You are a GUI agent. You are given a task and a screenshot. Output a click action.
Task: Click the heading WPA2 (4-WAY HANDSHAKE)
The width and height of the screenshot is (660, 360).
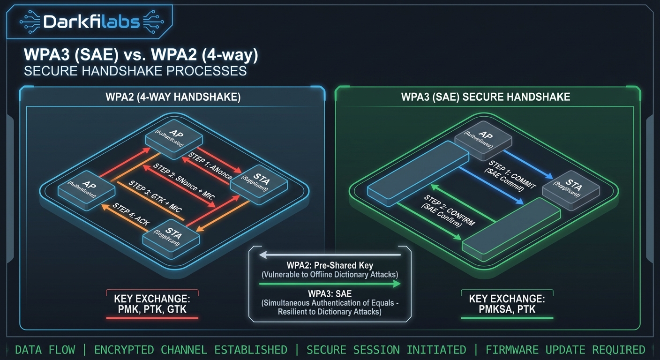172,97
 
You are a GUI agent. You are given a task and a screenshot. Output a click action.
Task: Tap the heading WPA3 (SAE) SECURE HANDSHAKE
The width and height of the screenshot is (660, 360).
486,97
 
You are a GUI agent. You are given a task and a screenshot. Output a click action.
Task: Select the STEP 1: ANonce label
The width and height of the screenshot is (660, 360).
210,165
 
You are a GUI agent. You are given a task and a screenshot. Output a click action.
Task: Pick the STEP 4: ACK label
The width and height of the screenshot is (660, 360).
131,215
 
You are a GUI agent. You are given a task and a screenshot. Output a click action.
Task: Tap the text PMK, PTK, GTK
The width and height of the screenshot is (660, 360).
152,308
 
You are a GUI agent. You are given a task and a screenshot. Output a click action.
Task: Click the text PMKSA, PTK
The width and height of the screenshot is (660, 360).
507,308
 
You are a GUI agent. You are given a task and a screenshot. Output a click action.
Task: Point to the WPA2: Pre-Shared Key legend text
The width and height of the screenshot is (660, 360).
330,265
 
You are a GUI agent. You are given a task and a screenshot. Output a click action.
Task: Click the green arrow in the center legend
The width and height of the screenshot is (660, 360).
330,284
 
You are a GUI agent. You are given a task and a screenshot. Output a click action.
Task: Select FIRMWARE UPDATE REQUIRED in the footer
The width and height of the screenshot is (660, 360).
565,350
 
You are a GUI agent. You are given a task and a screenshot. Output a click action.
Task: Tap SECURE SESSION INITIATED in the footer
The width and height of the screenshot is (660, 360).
386,350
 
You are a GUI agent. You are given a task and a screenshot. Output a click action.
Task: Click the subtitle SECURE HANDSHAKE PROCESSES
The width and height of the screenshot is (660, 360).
135,71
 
